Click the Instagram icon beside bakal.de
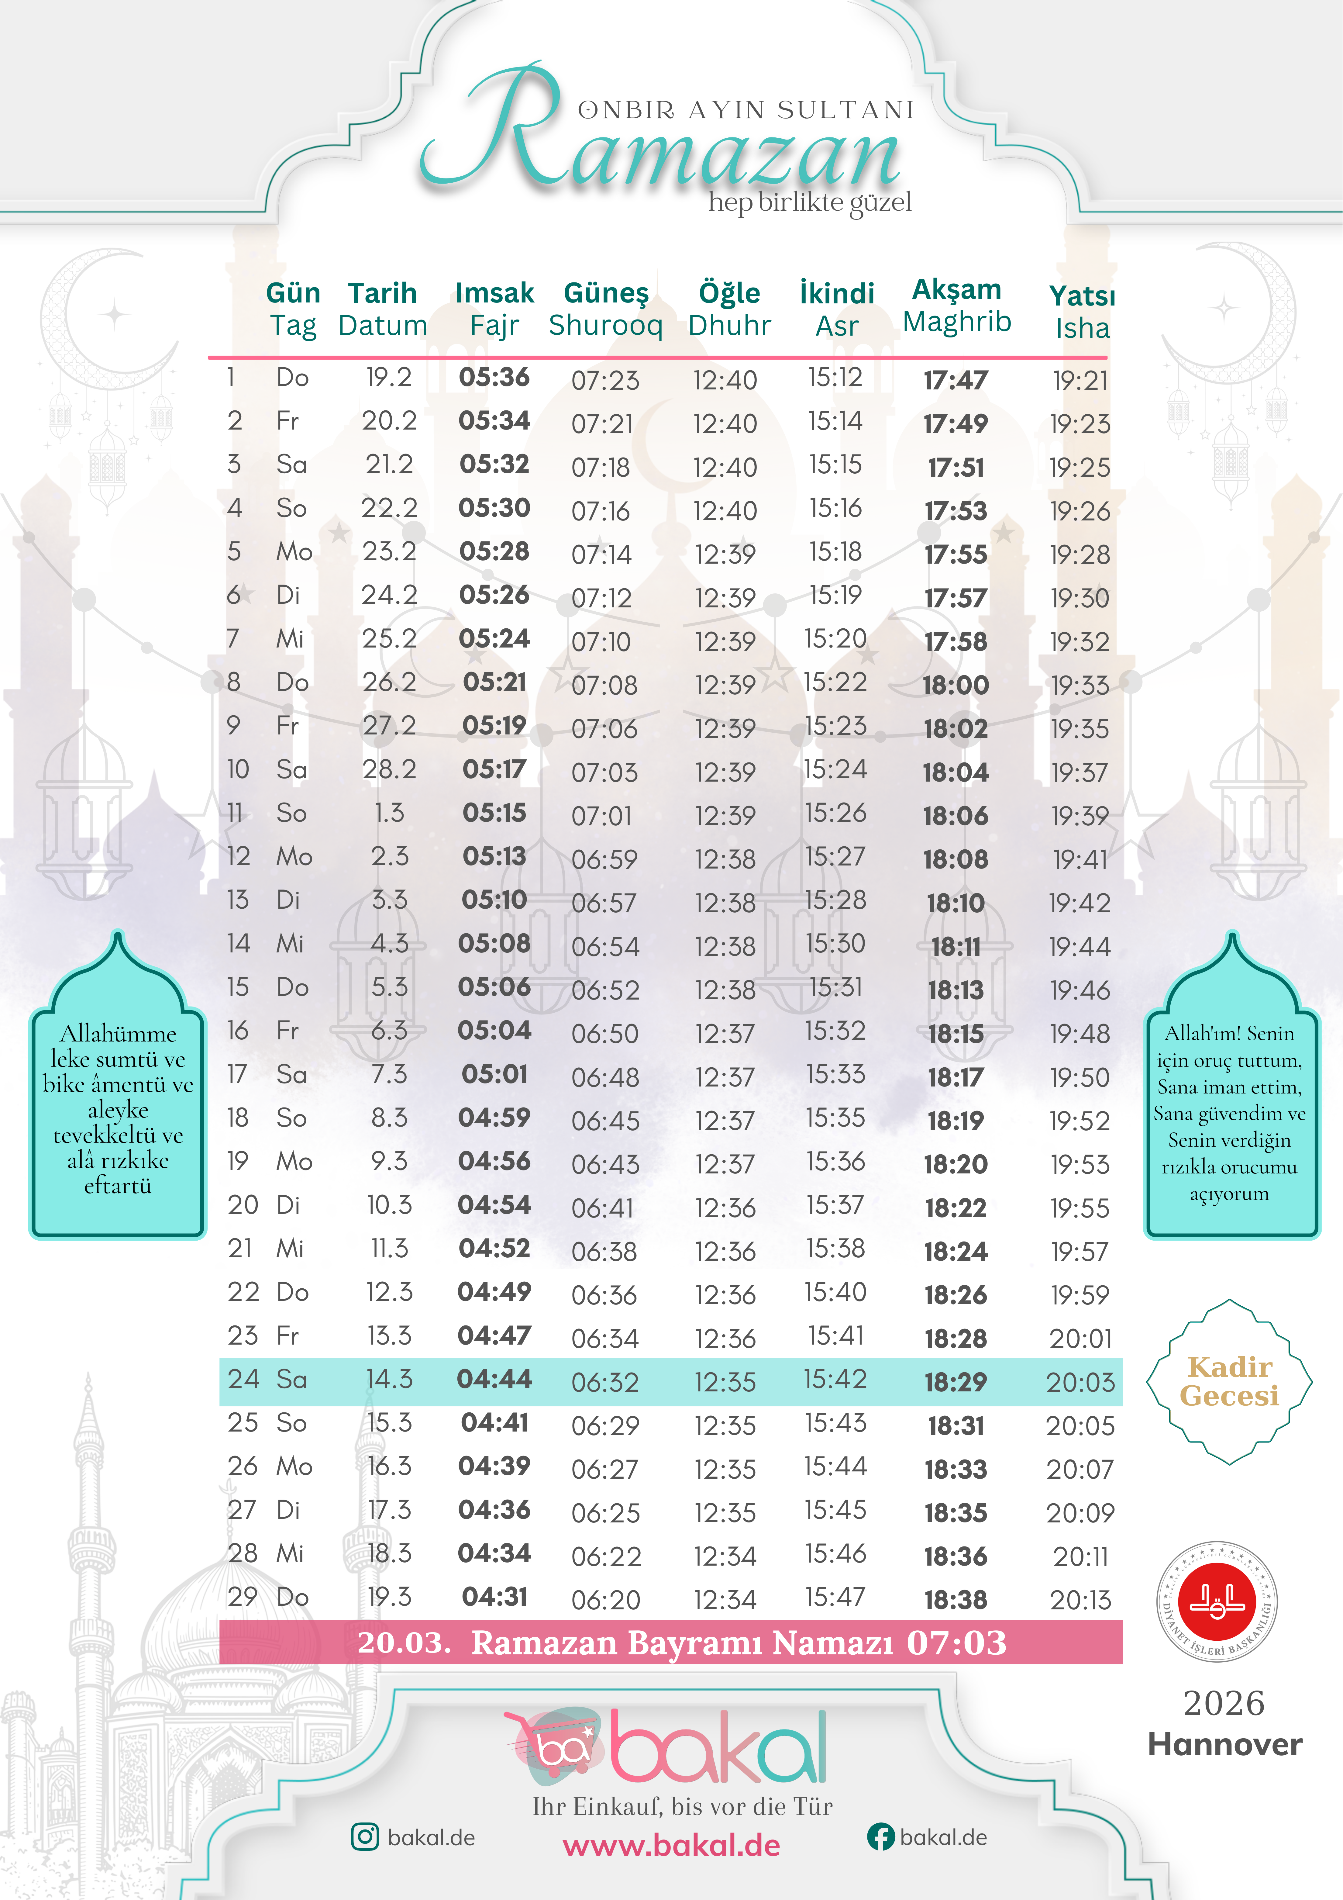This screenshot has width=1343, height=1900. coord(365,1837)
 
